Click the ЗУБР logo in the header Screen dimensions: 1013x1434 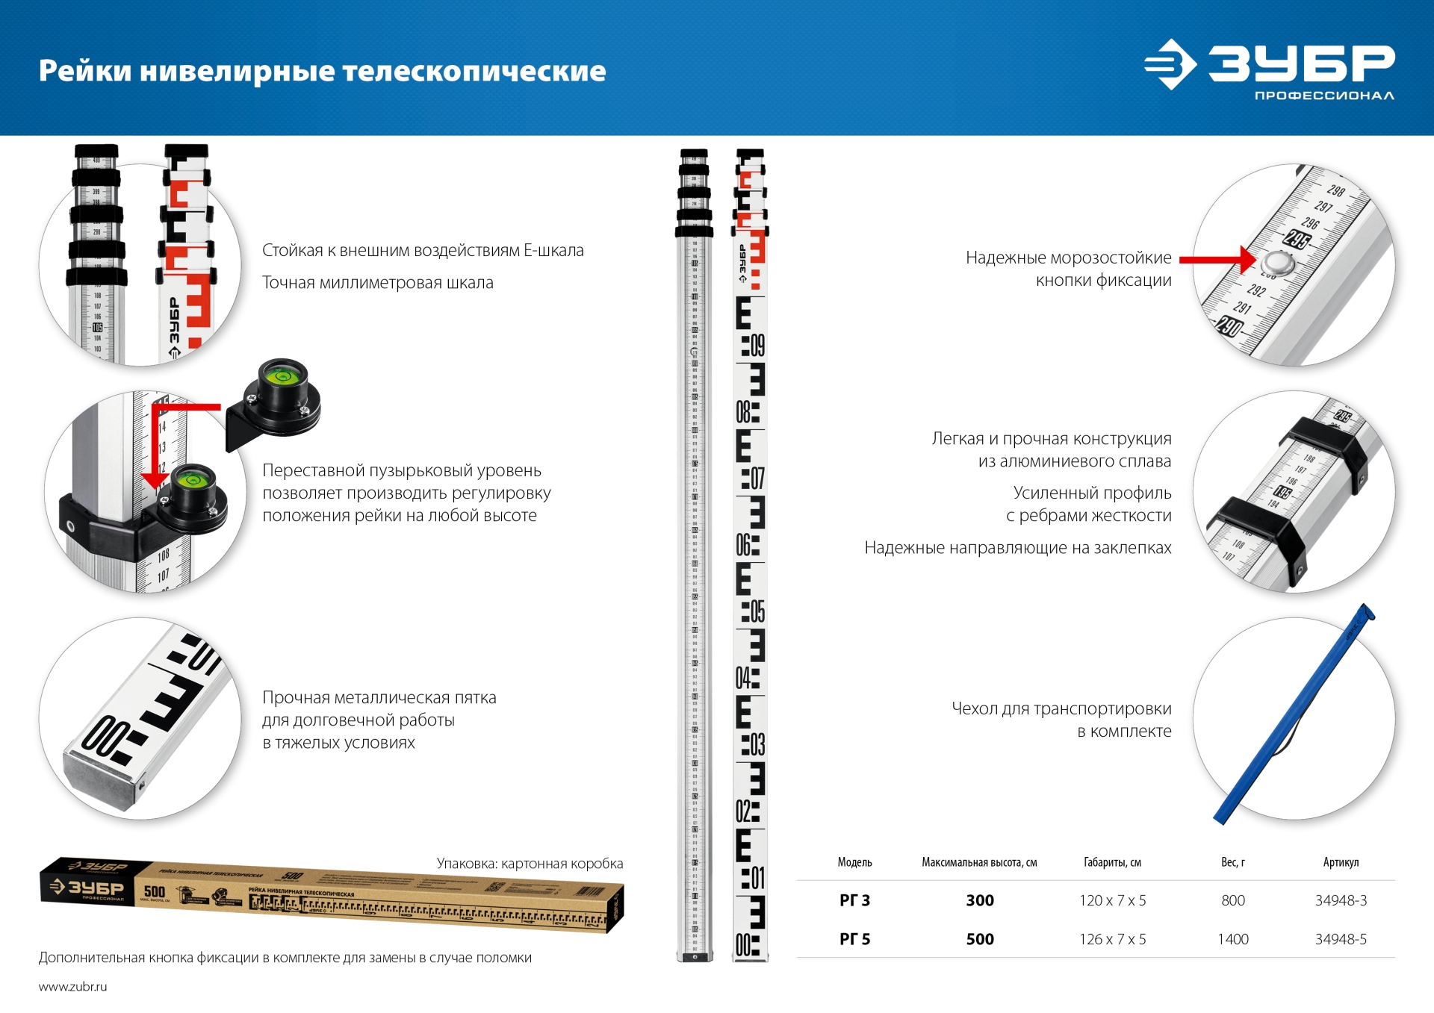click(1270, 66)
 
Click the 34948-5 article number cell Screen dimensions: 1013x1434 click(1341, 939)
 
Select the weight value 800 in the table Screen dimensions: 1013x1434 click(1233, 900)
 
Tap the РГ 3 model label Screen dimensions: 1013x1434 click(854, 900)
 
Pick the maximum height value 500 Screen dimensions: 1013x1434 click(980, 939)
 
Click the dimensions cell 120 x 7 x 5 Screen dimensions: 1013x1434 click(1112, 900)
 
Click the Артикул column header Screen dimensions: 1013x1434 click(1341, 862)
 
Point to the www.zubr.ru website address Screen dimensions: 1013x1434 click(72, 986)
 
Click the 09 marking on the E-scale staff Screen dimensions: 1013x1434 click(756, 346)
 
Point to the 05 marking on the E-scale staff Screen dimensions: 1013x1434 click(756, 611)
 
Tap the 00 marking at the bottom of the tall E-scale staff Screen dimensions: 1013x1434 click(745, 945)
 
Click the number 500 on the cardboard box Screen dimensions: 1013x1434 click(155, 891)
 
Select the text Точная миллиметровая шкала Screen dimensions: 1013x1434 click(377, 283)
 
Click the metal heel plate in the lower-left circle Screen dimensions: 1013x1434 click(101, 780)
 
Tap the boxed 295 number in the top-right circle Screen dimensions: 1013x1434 click(1297, 240)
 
